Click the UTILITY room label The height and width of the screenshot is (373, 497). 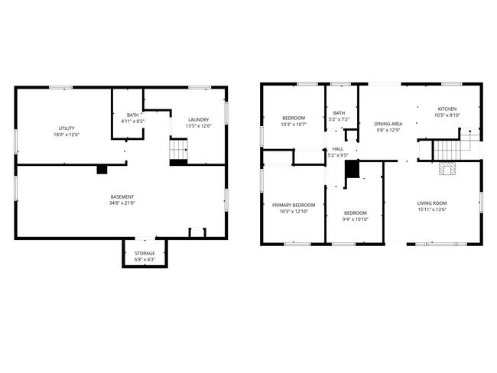click(66, 128)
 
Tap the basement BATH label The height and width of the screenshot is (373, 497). click(133, 115)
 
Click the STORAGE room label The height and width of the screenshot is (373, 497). click(145, 253)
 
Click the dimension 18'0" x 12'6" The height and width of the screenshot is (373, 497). click(66, 135)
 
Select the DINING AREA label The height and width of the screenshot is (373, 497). click(388, 124)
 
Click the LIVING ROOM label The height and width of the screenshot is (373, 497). click(432, 203)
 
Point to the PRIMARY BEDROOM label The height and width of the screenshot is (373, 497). click(294, 205)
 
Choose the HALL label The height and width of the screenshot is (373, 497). click(337, 149)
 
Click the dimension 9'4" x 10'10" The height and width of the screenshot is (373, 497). click(355, 219)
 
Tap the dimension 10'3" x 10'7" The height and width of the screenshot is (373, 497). click(294, 125)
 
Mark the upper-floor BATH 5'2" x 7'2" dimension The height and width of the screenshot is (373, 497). click(339, 119)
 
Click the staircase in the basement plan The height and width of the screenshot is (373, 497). click(178, 149)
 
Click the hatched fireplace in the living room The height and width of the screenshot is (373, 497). click(448, 170)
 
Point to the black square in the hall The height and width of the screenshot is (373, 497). click(352, 170)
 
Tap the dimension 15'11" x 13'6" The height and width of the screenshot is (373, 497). click(432, 209)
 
